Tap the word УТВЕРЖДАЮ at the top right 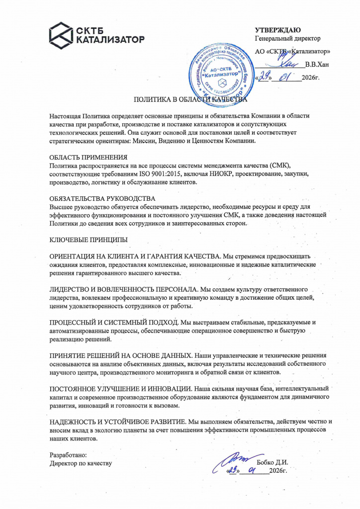tap(277, 30)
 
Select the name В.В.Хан tap(316, 64)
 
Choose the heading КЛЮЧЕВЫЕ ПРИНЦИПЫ tap(89, 240)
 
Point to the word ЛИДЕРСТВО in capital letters tap(72, 289)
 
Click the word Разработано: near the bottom tap(69, 455)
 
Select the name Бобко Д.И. tap(272, 462)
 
